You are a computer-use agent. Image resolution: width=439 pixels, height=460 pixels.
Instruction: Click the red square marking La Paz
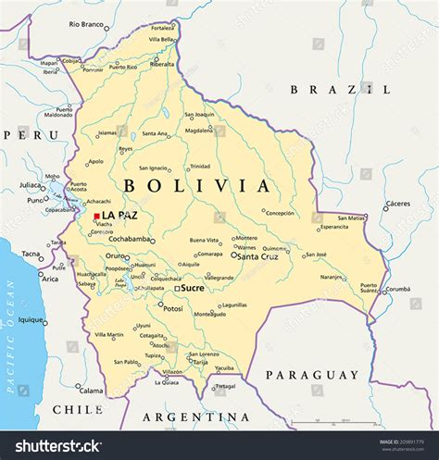click(96, 216)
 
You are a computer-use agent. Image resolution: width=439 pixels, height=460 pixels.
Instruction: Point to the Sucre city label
click(193, 288)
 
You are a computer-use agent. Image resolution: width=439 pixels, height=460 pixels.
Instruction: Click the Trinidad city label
click(199, 167)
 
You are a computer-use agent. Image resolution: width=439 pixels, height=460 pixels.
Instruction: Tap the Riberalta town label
click(162, 64)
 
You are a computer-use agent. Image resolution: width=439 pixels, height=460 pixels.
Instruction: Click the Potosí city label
click(172, 307)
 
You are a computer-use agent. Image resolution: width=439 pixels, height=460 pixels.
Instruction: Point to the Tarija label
click(199, 362)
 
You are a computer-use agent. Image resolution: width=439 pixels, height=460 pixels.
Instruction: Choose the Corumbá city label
click(397, 290)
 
